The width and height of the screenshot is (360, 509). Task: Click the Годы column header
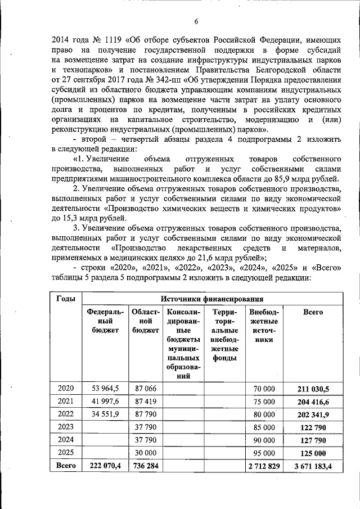click(62, 299)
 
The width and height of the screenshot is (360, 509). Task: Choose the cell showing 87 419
click(143, 401)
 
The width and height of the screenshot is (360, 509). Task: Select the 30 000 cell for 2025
click(144, 453)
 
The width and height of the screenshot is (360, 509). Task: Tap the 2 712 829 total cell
click(264, 466)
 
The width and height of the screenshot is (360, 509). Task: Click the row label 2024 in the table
click(65, 440)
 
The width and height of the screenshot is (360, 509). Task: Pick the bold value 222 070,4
click(105, 466)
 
